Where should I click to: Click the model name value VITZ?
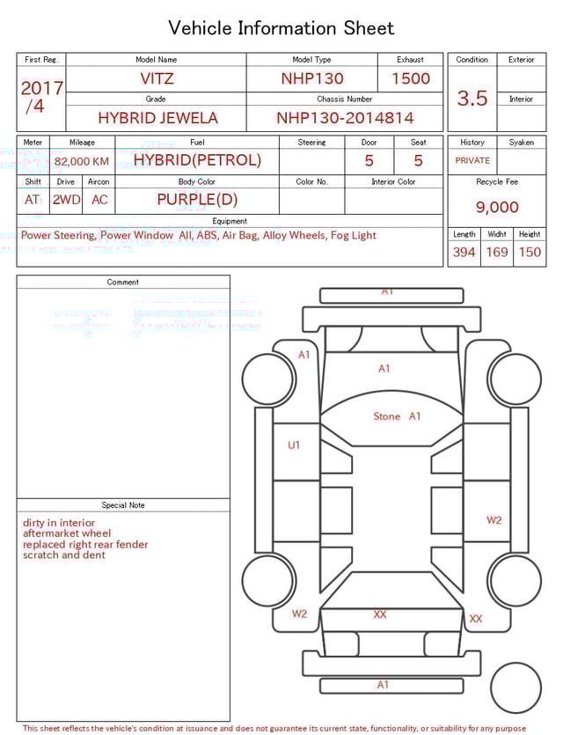pos(157,78)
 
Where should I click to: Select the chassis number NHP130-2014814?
pos(345,117)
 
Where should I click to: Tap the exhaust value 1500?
pos(411,78)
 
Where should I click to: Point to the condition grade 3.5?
pos(472,98)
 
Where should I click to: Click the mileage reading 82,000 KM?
pos(82,161)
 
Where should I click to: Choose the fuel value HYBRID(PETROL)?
pos(197,160)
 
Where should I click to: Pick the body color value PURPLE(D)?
pos(197,199)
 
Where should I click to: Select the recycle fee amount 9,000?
pos(497,207)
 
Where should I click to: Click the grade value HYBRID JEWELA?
pos(157,117)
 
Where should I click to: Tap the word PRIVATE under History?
pos(472,160)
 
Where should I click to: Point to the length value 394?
pos(464,252)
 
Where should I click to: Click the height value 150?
pos(530,252)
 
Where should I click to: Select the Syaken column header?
pos(521,142)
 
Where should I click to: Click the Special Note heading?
pos(123,505)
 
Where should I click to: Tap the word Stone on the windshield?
pos(386,416)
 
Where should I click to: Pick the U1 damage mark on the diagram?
pos(294,445)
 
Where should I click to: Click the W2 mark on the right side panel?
pos(494,520)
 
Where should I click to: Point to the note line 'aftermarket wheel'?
pos(67,533)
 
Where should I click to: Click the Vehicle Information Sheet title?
pos(281,28)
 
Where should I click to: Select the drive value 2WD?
pos(66,200)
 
